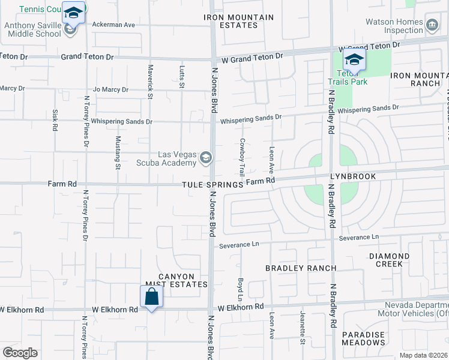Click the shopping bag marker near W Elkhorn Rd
tap(151, 296)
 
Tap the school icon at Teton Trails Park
tap(354, 60)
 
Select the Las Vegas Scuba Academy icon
tap(206, 158)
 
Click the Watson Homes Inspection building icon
tap(432, 24)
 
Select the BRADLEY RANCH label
tap(301, 268)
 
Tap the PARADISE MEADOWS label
tap(363, 338)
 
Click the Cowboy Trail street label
tap(242, 156)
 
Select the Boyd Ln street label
tap(241, 289)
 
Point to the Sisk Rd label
tap(55, 121)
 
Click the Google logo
tap(20, 352)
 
